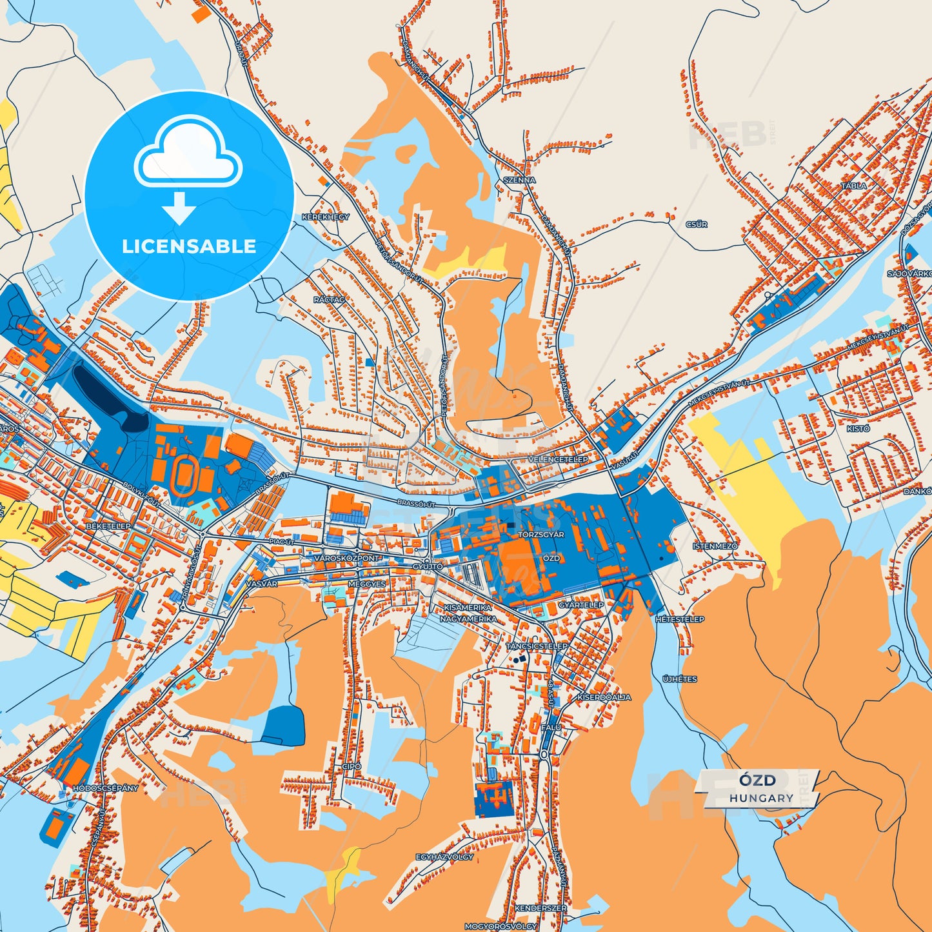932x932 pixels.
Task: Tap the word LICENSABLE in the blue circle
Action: [x=189, y=246]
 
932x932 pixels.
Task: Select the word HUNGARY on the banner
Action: [x=762, y=798]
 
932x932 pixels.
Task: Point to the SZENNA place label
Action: [x=519, y=180]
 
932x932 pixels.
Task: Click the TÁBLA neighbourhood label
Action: [x=854, y=186]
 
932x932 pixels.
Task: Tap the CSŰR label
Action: [x=697, y=224]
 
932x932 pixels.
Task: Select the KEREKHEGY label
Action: [x=326, y=217]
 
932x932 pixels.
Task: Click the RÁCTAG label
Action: [x=329, y=300]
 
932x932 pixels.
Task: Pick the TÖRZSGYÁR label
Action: [x=541, y=535]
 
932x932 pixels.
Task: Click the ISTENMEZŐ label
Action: [x=715, y=546]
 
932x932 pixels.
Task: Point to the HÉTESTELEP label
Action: [x=680, y=619]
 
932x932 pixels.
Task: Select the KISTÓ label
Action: [x=858, y=428]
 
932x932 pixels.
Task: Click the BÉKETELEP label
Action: [x=108, y=527]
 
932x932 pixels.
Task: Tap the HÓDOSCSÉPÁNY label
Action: [x=106, y=788]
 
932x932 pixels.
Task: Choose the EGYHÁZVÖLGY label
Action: [x=444, y=857]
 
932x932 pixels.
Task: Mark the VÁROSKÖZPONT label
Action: [x=347, y=558]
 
